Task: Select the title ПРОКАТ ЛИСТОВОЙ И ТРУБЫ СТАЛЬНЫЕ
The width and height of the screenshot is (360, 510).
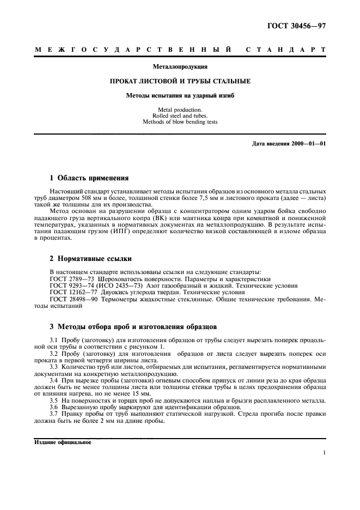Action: pyautogui.click(x=180, y=81)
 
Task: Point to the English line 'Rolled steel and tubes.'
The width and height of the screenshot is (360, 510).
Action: pyautogui.click(x=180, y=116)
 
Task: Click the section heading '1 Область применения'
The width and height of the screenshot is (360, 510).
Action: pyautogui.click(x=89, y=178)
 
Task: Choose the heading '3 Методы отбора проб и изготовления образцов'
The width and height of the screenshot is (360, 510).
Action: pyautogui.click(x=133, y=327)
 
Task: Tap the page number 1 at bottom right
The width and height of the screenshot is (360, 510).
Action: pyautogui.click(x=324, y=452)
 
